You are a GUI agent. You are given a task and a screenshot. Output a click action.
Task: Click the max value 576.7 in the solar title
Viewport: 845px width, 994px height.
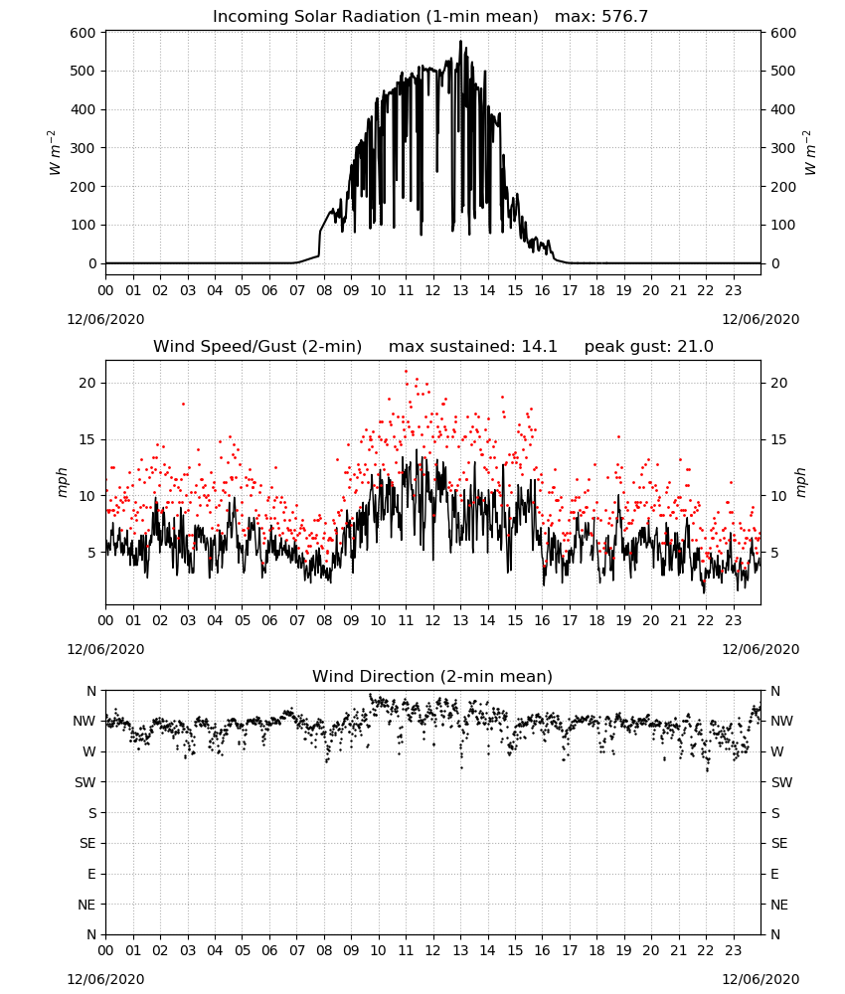624,16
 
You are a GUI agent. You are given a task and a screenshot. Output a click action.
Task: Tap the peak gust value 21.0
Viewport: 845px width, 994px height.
695,346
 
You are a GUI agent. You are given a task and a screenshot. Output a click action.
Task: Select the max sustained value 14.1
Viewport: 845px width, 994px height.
539,346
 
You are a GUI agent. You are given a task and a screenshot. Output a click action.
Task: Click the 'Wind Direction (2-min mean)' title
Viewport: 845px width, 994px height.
432,676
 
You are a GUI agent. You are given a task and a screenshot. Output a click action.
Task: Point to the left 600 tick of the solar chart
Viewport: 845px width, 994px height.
84,33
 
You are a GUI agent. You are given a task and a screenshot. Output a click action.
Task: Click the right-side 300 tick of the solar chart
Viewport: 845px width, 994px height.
783,148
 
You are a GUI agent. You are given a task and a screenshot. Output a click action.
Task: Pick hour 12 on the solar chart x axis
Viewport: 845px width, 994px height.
432,290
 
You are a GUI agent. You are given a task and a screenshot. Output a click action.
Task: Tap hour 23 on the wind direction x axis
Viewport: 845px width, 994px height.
733,951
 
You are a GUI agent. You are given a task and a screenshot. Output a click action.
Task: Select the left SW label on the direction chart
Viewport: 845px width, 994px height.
84,782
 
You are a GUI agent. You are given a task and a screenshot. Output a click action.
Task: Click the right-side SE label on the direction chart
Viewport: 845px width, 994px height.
779,843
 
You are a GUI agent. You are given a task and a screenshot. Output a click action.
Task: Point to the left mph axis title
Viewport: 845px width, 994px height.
62,482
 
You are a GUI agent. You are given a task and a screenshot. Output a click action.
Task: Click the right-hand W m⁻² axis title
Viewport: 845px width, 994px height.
809,152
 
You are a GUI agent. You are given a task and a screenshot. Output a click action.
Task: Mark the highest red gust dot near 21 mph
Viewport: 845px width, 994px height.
407,372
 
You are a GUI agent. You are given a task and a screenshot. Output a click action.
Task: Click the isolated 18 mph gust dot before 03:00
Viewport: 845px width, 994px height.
183,404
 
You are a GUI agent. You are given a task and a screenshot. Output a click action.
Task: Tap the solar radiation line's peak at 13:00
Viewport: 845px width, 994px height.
461,41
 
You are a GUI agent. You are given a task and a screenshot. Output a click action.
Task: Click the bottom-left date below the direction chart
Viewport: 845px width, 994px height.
105,979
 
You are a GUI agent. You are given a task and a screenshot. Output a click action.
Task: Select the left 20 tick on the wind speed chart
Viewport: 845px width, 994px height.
87,383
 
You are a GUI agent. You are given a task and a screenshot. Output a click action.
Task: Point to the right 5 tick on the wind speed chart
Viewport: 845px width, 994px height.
774,553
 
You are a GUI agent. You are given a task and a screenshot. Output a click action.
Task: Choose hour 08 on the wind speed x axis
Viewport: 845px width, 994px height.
324,620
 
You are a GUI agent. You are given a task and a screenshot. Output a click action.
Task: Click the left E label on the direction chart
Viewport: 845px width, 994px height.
91,874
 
